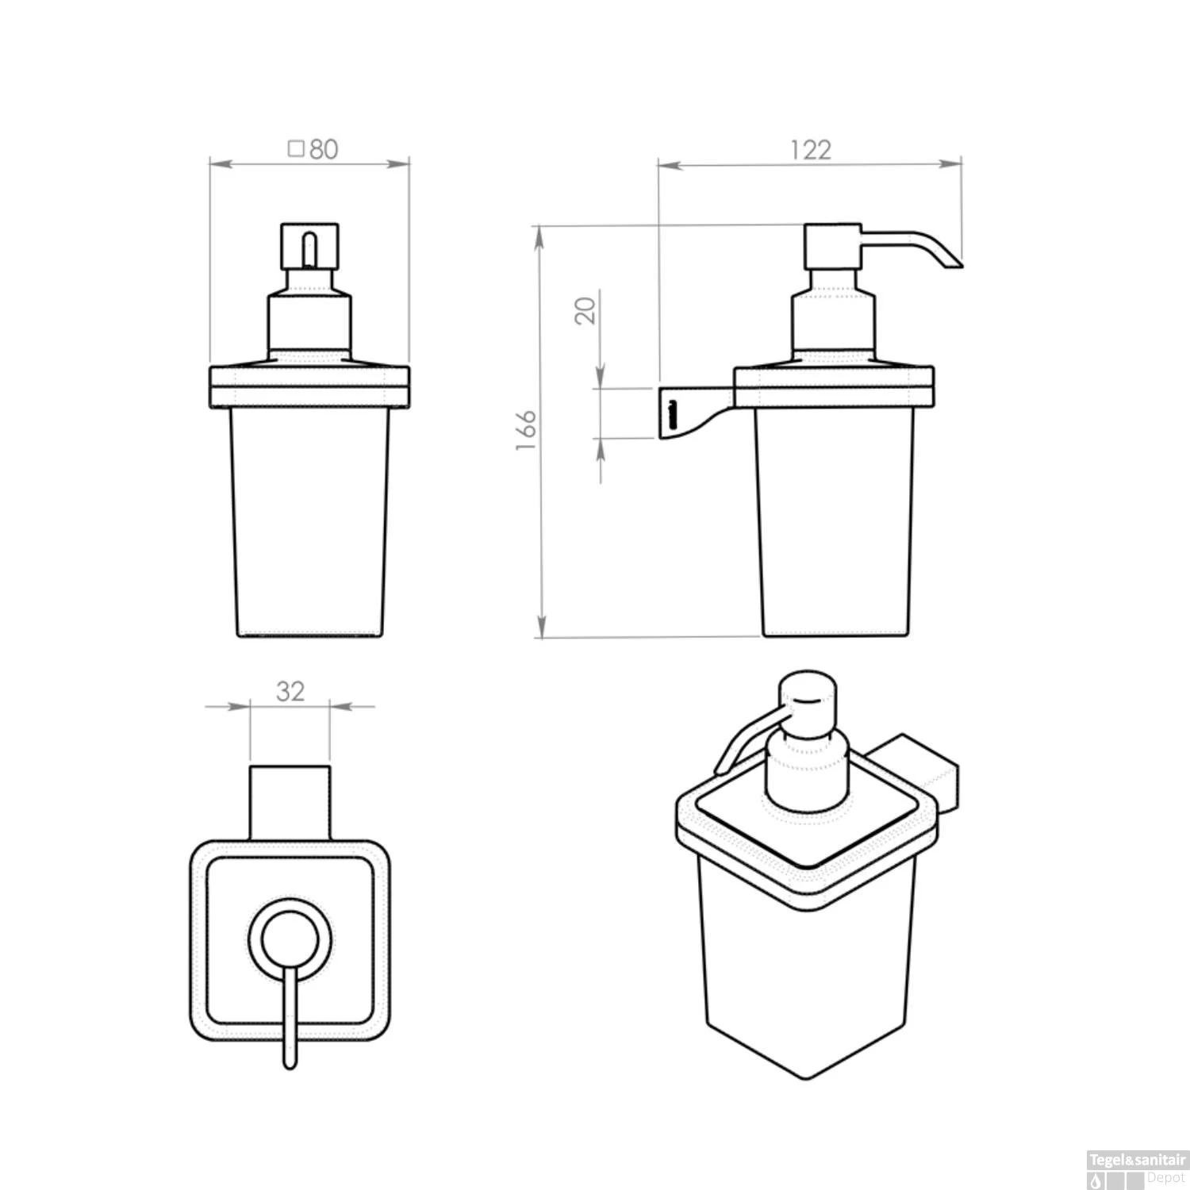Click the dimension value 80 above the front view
[323, 149]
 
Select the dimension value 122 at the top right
[810, 150]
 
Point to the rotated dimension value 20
[585, 310]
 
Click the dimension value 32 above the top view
[290, 691]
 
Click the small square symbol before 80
[296, 148]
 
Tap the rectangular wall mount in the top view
[290, 801]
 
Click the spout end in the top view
[290, 1059]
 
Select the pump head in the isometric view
[808, 699]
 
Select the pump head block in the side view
[832, 246]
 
